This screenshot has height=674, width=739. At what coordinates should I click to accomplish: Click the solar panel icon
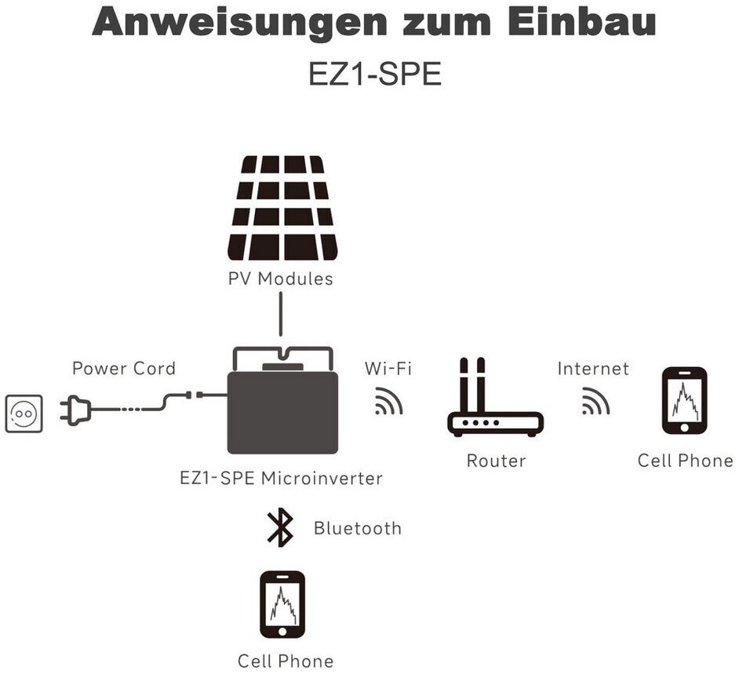(282, 208)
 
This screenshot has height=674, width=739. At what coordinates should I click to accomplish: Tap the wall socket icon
(24, 414)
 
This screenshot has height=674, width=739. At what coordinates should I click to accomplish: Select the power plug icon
(75, 410)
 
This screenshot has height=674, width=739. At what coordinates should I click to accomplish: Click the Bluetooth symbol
(279, 527)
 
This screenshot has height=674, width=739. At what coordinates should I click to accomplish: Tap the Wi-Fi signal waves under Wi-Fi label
(388, 401)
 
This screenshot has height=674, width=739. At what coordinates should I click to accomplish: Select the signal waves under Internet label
(595, 401)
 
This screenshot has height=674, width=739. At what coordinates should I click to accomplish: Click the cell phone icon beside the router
(684, 401)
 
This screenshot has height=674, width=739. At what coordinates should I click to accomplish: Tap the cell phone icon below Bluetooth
(282, 605)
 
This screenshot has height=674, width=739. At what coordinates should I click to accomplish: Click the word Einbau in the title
(582, 22)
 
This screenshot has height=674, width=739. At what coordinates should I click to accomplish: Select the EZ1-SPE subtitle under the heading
(375, 74)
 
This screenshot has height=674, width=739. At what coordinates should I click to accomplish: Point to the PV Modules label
(280, 279)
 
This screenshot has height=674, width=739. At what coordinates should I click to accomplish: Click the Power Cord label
(124, 368)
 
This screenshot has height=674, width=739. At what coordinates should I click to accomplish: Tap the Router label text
(496, 461)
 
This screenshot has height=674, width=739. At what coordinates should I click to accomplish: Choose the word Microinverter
(322, 479)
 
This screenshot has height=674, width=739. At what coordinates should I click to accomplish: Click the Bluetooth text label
(358, 528)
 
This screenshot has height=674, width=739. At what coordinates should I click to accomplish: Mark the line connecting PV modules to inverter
(281, 314)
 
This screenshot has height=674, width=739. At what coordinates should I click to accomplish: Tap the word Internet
(593, 368)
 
